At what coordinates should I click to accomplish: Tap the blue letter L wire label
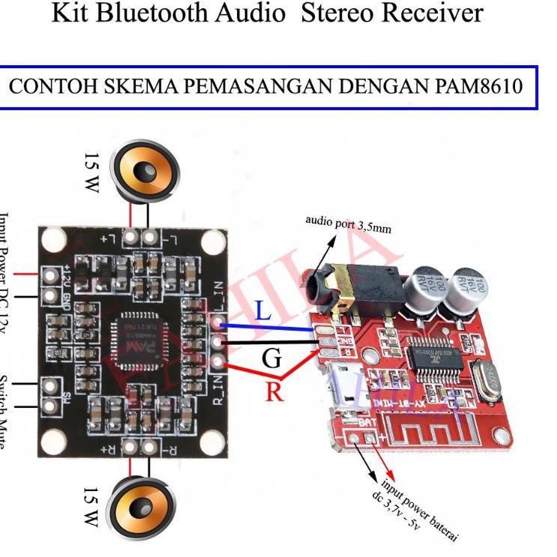[x=263, y=311]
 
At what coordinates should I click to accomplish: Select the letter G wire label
[x=272, y=360]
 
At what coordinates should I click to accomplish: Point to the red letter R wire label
[x=274, y=391]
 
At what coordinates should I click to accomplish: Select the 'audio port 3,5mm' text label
[x=348, y=223]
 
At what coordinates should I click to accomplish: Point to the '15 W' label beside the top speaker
[x=91, y=173]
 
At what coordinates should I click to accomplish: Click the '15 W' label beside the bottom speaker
[x=91, y=507]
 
